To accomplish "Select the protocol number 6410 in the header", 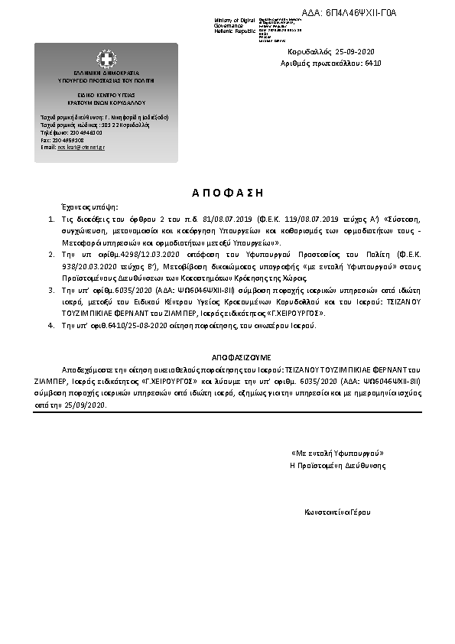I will point(373,63).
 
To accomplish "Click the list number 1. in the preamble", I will point(51,219).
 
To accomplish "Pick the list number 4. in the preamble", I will point(51,325).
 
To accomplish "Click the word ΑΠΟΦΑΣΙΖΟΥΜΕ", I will point(236,357).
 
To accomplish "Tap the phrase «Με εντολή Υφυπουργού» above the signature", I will point(338,454).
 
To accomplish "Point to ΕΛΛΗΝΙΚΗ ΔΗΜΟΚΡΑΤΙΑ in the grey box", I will point(106,73).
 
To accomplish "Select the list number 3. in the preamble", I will point(51,291).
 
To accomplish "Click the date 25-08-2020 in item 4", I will point(132,325).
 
